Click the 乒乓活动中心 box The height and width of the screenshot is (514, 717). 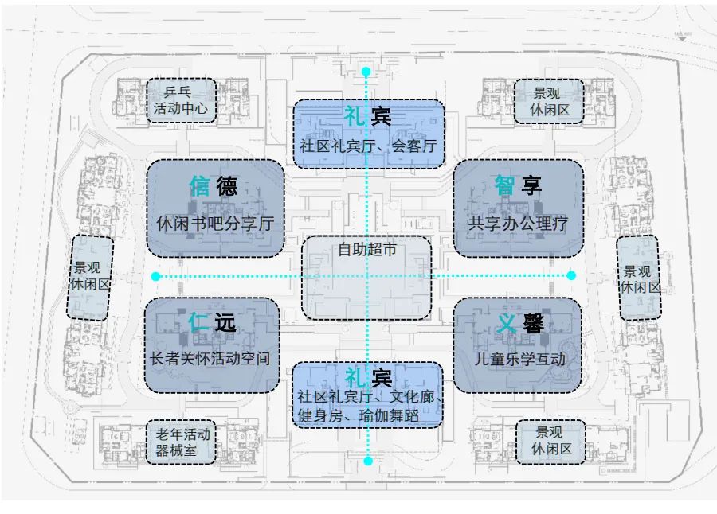(x=181, y=100)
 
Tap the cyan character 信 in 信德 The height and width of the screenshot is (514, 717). (x=199, y=185)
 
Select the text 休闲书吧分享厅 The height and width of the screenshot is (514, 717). (x=215, y=224)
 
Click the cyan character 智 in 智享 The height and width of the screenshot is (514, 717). (x=504, y=185)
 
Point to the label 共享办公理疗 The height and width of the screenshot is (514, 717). (x=518, y=224)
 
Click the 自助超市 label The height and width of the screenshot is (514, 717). (x=366, y=250)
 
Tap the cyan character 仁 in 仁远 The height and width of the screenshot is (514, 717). (x=198, y=322)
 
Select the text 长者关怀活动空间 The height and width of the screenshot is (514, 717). (x=211, y=359)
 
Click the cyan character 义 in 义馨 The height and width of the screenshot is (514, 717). (x=505, y=323)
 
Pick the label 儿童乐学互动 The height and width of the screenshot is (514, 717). (x=519, y=359)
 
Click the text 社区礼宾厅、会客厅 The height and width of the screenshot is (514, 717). (x=367, y=146)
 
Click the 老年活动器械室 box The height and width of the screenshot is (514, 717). (x=182, y=443)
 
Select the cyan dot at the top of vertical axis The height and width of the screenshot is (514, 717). (x=366, y=72)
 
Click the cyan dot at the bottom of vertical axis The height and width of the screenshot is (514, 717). (x=367, y=460)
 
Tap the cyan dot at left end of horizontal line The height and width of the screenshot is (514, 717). (x=155, y=276)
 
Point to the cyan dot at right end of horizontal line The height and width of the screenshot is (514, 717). (x=571, y=275)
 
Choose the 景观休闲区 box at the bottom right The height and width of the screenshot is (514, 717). (x=550, y=442)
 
